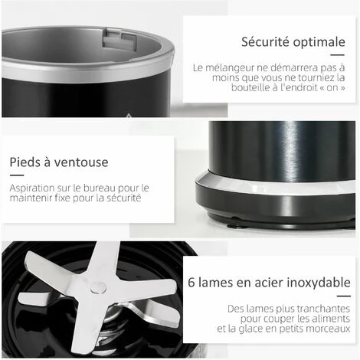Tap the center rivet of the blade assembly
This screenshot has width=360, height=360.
pos(97,287)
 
